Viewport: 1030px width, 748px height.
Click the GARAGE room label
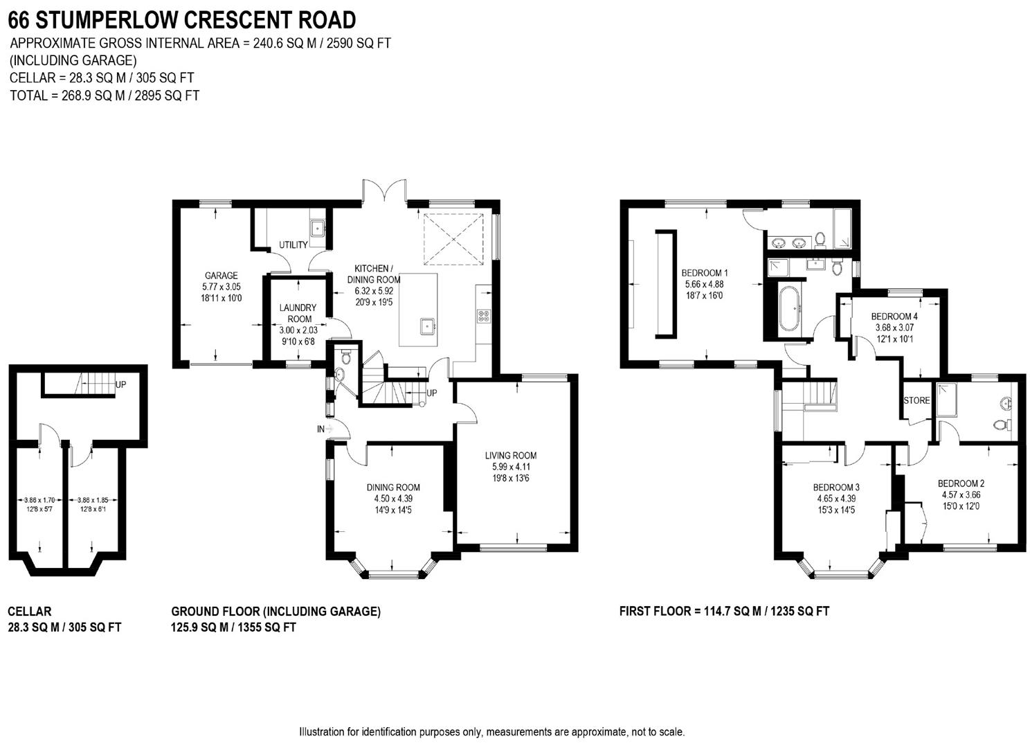(221, 276)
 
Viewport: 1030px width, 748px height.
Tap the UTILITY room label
(293, 245)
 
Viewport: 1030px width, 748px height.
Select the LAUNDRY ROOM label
(298, 313)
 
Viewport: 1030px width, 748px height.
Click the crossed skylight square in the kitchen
(453, 239)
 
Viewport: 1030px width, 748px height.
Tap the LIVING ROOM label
(511, 456)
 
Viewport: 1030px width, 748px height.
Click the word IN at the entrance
(320, 429)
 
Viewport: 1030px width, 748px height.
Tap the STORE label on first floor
(916, 400)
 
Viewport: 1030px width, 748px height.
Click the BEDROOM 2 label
(961, 483)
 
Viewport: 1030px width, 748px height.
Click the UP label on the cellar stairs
(120, 384)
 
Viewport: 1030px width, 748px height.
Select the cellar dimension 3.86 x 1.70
(39, 500)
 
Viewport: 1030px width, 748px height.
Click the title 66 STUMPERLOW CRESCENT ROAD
(183, 19)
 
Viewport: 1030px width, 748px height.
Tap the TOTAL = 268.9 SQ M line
(105, 96)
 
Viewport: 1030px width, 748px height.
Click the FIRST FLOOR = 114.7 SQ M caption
(724, 611)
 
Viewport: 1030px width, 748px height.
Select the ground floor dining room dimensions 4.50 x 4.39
(393, 499)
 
